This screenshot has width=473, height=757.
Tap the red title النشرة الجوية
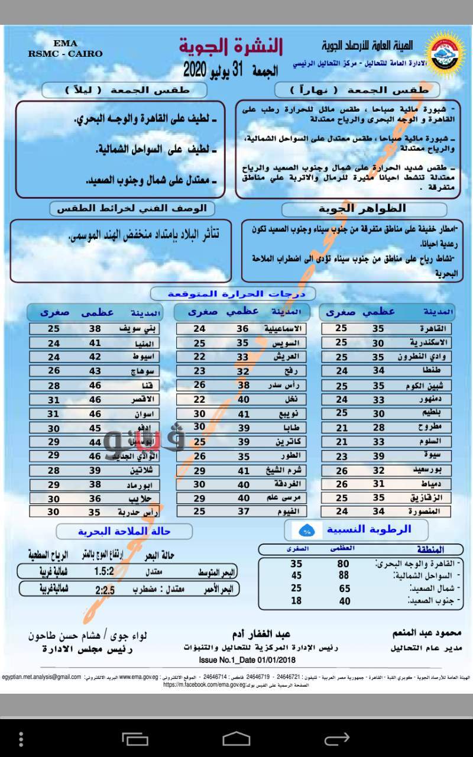pyautogui.click(x=231, y=46)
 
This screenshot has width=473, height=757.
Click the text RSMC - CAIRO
pyautogui.click(x=65, y=53)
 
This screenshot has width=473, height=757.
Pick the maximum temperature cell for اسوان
pyautogui.click(x=95, y=414)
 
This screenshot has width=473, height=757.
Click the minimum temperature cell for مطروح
pyautogui.click(x=342, y=428)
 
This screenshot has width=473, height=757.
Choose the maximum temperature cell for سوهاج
pyautogui.click(x=95, y=371)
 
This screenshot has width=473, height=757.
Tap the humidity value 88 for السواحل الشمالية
pyautogui.click(x=343, y=575)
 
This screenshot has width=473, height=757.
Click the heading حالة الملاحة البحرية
pyautogui.click(x=124, y=531)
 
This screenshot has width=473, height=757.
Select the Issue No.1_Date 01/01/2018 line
pyautogui.click(x=248, y=660)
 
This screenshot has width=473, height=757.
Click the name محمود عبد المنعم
pyautogui.click(x=420, y=633)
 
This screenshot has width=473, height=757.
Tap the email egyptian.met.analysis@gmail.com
pyautogui.click(x=42, y=677)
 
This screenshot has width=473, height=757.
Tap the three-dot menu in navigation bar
pyautogui.click(x=21, y=739)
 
